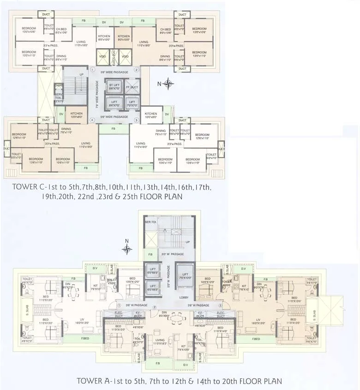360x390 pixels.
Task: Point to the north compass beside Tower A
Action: (127, 249)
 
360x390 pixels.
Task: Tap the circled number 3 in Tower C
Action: (137, 121)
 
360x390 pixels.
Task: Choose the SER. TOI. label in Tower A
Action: (150, 222)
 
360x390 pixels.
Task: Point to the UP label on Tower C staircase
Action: (82, 74)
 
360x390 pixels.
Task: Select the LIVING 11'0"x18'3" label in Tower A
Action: (161, 341)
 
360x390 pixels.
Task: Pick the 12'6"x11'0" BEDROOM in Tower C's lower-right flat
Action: (203, 137)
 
